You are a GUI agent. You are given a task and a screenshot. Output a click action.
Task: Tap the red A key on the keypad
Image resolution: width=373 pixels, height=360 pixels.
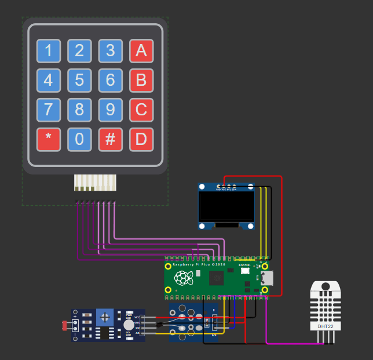click(x=141, y=51)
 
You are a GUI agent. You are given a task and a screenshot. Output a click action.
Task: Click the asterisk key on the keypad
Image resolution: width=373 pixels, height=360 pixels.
click(x=49, y=140)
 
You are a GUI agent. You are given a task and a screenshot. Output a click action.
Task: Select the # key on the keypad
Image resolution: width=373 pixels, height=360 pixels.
click(x=110, y=140)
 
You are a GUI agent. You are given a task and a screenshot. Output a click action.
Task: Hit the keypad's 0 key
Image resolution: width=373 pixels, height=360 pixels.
click(x=79, y=140)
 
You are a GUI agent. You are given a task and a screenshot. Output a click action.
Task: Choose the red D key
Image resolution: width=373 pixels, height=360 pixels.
click(x=141, y=140)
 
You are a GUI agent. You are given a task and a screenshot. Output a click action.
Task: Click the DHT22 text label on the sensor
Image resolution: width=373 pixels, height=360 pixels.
click(x=326, y=326)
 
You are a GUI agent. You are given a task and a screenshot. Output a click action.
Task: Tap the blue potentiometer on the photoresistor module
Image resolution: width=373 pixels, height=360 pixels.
click(x=105, y=317)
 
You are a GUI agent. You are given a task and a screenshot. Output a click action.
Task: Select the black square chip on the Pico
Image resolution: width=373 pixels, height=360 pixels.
click(x=217, y=278)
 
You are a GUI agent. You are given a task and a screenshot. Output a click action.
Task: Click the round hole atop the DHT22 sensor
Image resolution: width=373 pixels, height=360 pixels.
click(x=326, y=286)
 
